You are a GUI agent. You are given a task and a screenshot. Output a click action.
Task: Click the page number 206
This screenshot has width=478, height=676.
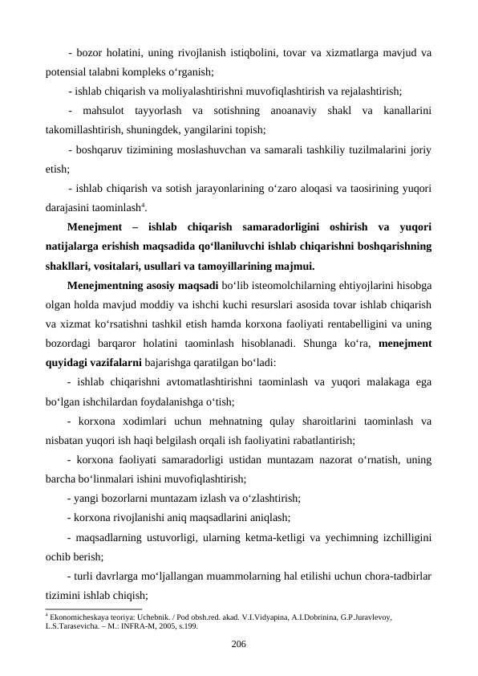click(238, 643)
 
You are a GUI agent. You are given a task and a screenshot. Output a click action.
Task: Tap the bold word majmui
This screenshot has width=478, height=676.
click(290, 265)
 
